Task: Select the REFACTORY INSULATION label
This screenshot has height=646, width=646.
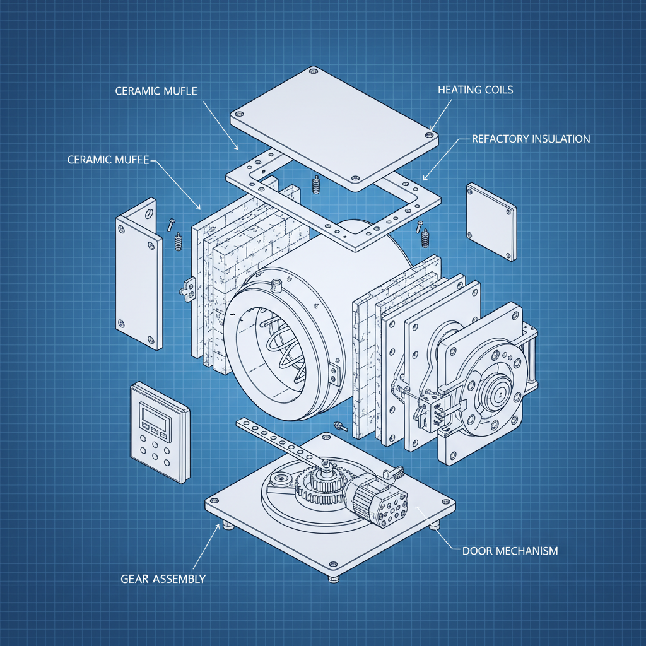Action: [531, 139]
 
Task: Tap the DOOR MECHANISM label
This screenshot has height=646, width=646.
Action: [510, 551]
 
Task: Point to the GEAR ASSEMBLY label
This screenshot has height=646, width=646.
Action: [163, 578]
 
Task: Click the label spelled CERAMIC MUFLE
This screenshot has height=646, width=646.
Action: [156, 91]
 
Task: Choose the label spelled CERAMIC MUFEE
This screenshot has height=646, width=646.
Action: [108, 160]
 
